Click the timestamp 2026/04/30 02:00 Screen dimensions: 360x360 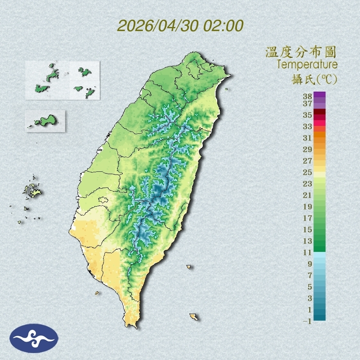pyautogui.click(x=180, y=26)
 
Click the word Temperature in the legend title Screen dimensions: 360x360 pyautogui.click(x=307, y=65)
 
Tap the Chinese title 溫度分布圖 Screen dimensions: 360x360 pyautogui.click(x=301, y=52)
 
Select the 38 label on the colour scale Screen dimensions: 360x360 pyautogui.click(x=308, y=97)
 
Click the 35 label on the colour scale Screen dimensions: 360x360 pyautogui.click(x=308, y=115)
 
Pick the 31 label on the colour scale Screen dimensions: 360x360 pyautogui.click(x=308, y=137)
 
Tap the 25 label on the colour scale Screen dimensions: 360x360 pyautogui.click(x=308, y=172)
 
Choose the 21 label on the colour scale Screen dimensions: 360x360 pyautogui.click(x=308, y=195)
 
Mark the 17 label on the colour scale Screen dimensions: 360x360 pyautogui.click(x=308, y=218)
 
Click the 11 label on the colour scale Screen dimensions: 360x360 pyautogui.click(x=308, y=252)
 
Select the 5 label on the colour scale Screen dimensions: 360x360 pyautogui.click(x=310, y=287)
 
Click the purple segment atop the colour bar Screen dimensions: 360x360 pyautogui.click(x=319, y=95)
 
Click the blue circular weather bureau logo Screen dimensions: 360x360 pyautogui.click(x=34, y=338)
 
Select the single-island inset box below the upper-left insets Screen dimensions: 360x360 pyautogui.click(x=45, y=121)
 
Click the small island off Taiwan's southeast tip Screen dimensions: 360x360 pyautogui.click(x=193, y=316)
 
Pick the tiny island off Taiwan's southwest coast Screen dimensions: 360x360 pyautogui.click(x=97, y=292)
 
